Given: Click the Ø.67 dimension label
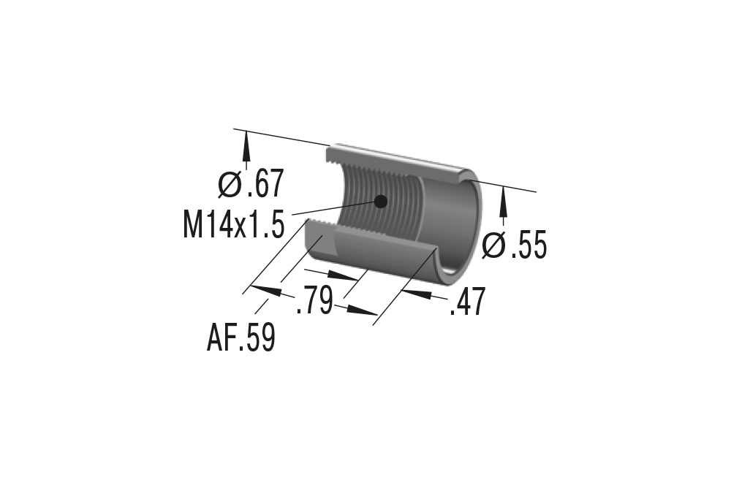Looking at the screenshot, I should click(251, 185).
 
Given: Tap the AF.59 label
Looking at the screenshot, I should click(241, 338).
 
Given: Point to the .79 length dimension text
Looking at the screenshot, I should click(314, 301).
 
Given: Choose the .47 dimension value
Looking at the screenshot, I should click(467, 302).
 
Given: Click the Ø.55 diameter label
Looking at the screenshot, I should click(515, 246).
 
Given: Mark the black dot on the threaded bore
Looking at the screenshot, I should click(379, 201).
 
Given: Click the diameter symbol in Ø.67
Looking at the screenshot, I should click(230, 185).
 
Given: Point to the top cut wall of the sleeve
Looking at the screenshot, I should click(395, 162).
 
